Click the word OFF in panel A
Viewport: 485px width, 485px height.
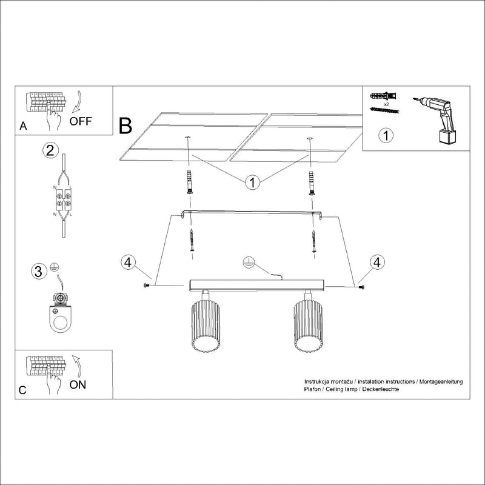pyautogui.click(x=80, y=121)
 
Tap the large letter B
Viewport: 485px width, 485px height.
pyautogui.click(x=125, y=125)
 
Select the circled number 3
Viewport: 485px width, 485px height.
pyautogui.click(x=38, y=271)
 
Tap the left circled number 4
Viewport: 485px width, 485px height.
pyautogui.click(x=127, y=263)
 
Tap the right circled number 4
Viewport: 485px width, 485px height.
pyautogui.click(x=377, y=263)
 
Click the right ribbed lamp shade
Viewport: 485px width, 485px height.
pyautogui.click(x=307, y=327)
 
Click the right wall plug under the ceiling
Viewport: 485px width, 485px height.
pyautogui.click(x=312, y=182)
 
